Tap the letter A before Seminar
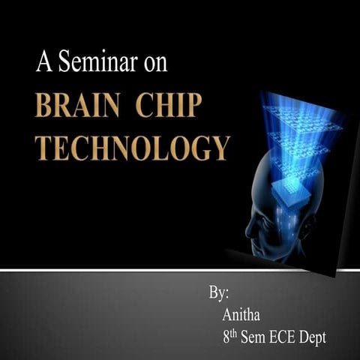(43, 62)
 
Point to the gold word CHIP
(169, 105)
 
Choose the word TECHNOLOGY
(132, 147)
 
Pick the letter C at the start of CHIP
(143, 105)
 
